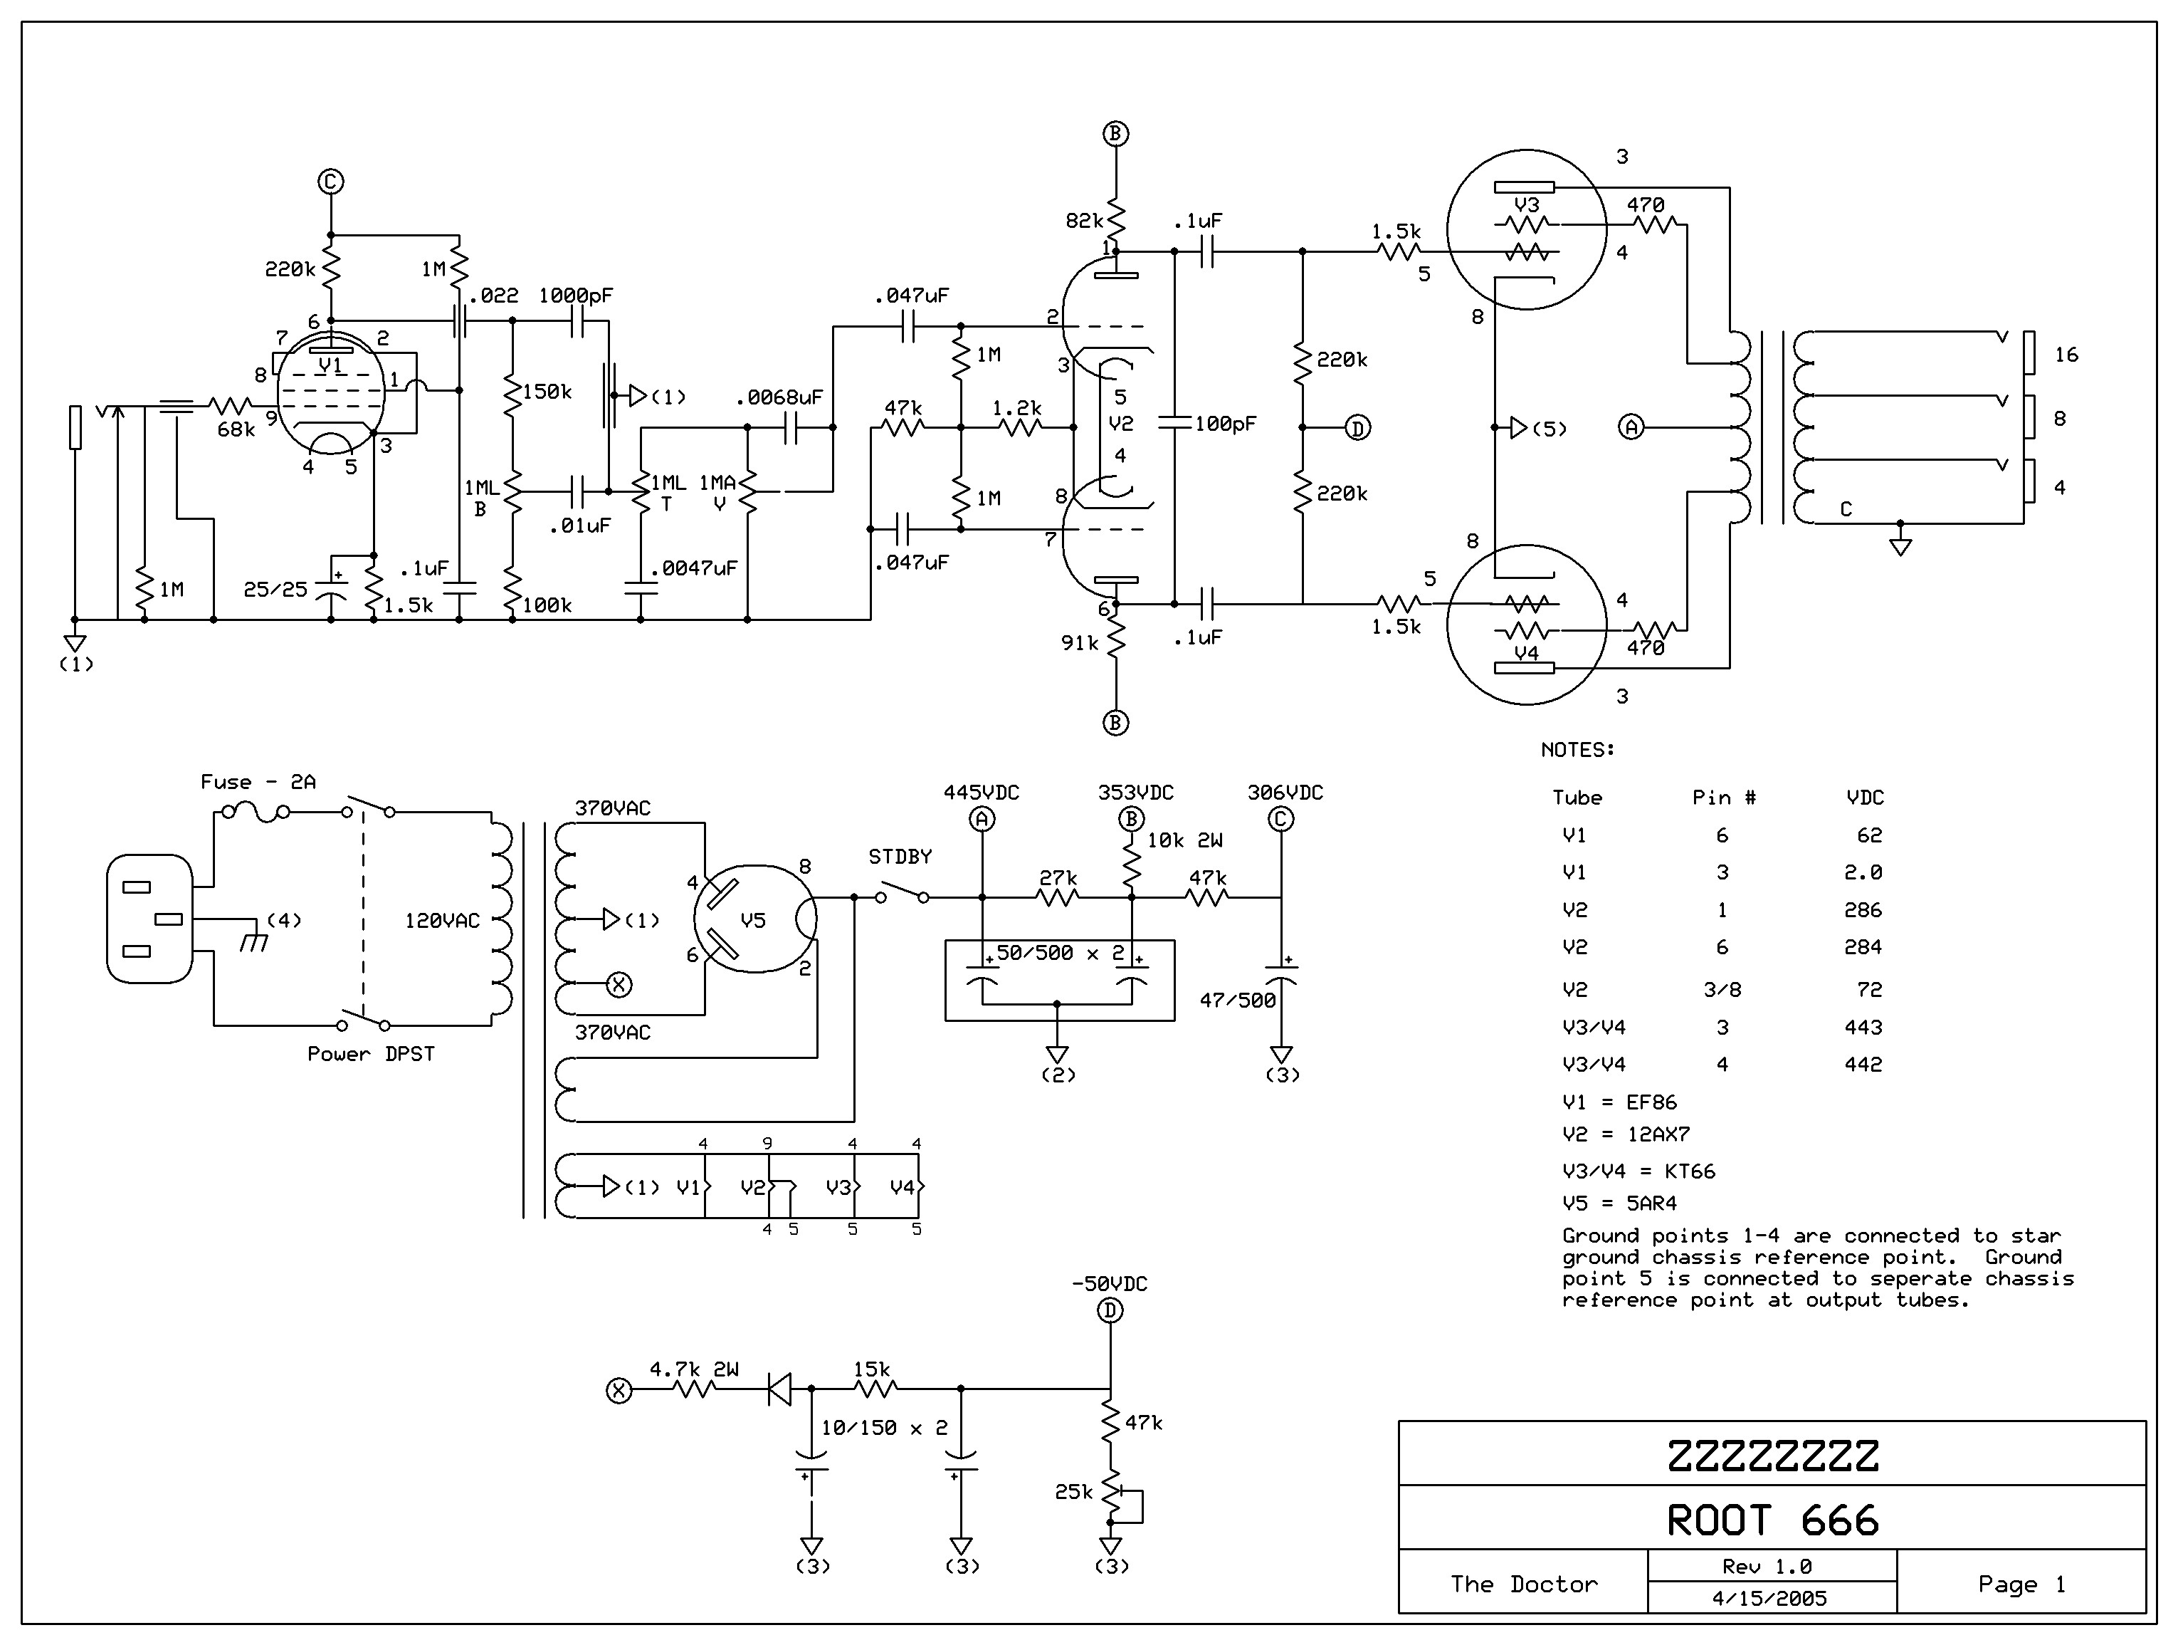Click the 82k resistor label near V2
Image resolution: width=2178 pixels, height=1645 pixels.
(x=1084, y=221)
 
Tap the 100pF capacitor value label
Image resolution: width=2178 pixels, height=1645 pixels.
(x=1225, y=424)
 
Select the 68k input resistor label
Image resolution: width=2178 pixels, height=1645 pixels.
(x=236, y=429)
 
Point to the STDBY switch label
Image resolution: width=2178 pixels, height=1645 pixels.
(x=899, y=857)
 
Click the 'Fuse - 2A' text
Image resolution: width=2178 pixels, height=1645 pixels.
(x=258, y=782)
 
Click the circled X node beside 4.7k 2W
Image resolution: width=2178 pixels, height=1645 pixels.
(x=619, y=1390)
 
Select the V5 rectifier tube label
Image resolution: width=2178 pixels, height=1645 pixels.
(x=752, y=921)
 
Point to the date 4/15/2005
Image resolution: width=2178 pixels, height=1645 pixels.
(x=1769, y=1599)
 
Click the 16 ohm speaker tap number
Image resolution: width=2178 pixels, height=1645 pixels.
(x=2066, y=355)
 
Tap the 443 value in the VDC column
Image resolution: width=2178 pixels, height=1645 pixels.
(x=1863, y=1028)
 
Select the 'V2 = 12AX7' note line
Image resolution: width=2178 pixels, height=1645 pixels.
(x=1626, y=1134)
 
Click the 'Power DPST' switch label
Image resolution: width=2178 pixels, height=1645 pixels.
(x=370, y=1054)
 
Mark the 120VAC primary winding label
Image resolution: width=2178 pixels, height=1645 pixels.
(x=442, y=921)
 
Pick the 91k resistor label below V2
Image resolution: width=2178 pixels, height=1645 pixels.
(x=1079, y=643)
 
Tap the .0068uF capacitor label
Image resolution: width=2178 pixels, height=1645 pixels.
(x=779, y=398)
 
